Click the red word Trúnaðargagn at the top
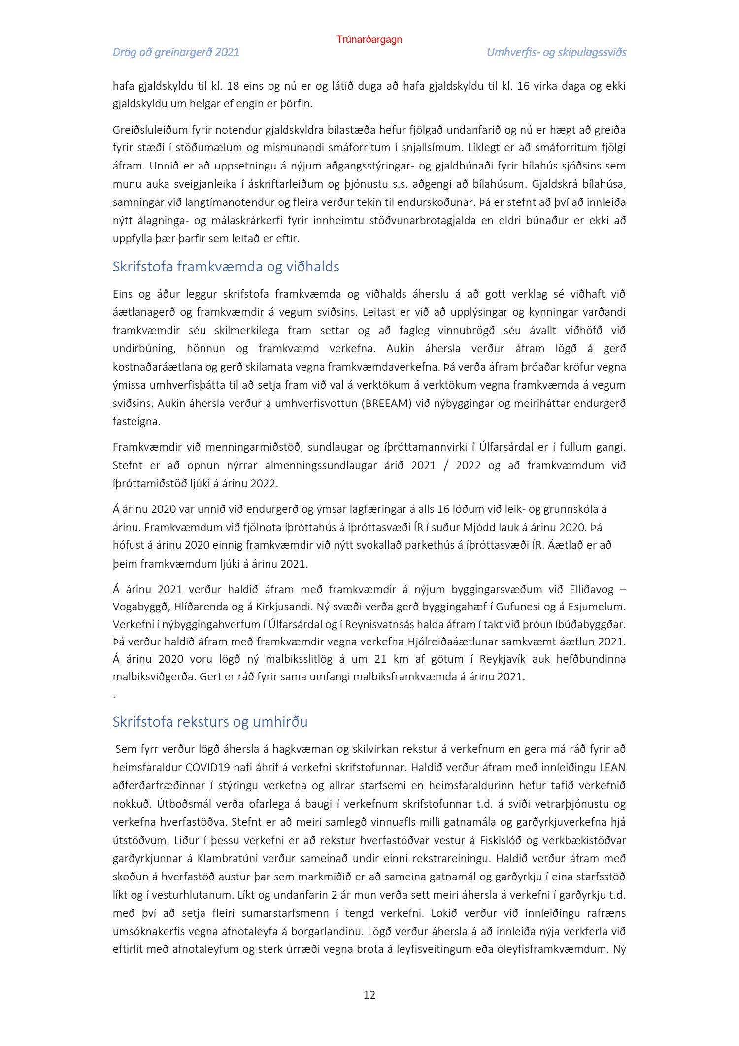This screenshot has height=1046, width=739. tap(369, 40)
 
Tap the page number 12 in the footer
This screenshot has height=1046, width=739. tap(369, 995)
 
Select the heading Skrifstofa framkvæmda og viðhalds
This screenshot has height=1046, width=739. tap(226, 267)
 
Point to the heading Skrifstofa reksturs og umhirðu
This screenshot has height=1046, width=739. tap(210, 722)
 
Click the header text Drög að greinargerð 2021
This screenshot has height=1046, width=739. tap(176, 52)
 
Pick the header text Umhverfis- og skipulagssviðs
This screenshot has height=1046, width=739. tap(556, 52)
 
